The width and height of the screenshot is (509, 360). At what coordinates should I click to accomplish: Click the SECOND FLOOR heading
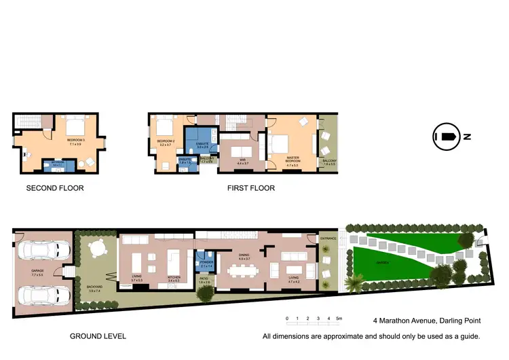coord(55,188)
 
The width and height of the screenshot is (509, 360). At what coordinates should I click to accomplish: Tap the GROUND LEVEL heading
coord(98,336)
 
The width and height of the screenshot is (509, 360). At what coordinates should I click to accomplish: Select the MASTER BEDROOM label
coord(293,159)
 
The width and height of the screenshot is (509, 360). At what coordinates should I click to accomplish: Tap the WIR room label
coord(242,160)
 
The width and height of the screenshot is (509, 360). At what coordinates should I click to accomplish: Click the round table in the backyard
coord(94,251)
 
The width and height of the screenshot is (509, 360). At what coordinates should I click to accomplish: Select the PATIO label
coord(204,278)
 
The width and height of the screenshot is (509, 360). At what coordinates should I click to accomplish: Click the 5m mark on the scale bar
coord(339,318)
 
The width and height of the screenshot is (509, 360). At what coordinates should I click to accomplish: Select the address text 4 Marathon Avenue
coord(405,319)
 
